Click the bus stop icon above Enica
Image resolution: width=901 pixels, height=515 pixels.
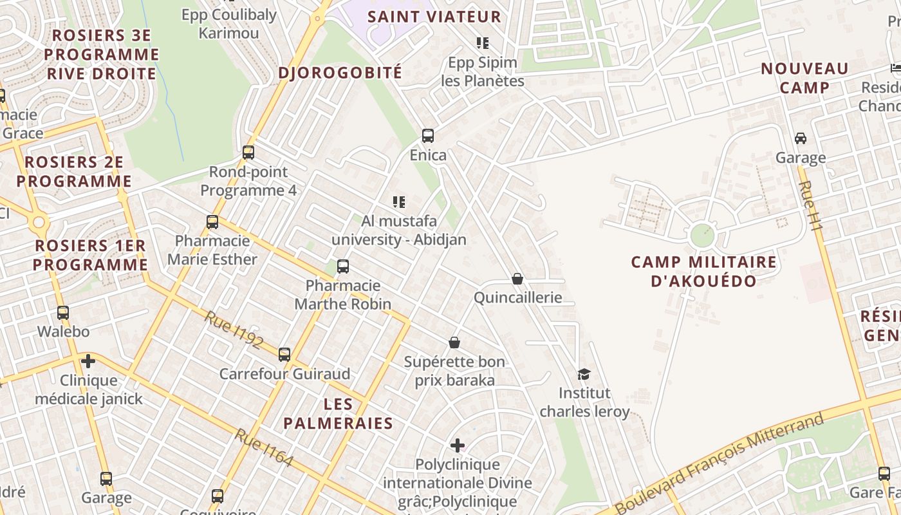pyautogui.click(x=428, y=136)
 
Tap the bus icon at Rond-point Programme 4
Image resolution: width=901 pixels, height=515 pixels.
pyautogui.click(x=248, y=153)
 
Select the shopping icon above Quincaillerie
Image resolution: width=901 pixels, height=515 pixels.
pyautogui.click(x=517, y=279)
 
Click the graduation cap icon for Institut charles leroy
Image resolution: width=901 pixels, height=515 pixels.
pyautogui.click(x=584, y=374)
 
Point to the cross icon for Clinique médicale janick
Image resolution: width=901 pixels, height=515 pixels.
pyautogui.click(x=88, y=361)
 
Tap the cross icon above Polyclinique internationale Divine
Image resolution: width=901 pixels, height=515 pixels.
pyautogui.click(x=457, y=445)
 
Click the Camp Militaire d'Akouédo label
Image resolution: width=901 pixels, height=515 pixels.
pyautogui.click(x=703, y=271)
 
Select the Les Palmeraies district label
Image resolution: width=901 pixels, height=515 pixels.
pyautogui.click(x=338, y=413)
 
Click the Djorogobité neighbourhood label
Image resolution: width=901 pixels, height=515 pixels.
pyautogui.click(x=340, y=73)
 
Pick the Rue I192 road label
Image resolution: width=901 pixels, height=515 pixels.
pyautogui.click(x=234, y=330)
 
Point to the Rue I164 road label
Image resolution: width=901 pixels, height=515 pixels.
pyautogui.click(x=264, y=447)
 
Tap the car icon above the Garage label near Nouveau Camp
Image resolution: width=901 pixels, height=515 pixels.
pyautogui.click(x=801, y=138)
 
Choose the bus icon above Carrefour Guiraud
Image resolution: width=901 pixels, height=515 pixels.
pyautogui.click(x=284, y=354)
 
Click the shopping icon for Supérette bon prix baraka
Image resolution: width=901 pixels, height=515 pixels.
pyautogui.click(x=454, y=342)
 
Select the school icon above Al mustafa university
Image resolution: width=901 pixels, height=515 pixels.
pyautogui.click(x=399, y=202)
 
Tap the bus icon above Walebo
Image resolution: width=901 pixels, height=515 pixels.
pyautogui.click(x=63, y=313)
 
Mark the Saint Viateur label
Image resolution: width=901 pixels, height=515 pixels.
pyautogui.click(x=434, y=17)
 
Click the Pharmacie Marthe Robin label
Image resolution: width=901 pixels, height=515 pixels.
pyautogui.click(x=342, y=294)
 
